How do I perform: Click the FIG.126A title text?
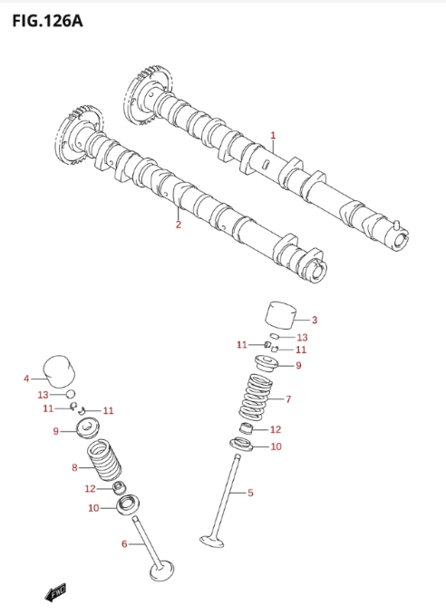click(x=47, y=21)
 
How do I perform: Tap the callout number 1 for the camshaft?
click(x=273, y=136)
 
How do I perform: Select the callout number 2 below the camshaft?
click(x=179, y=225)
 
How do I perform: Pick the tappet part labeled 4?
click(x=58, y=371)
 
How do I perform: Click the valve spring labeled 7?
click(x=256, y=397)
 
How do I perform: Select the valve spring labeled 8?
click(x=104, y=460)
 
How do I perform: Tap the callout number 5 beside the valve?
click(x=250, y=493)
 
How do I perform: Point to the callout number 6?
click(x=124, y=544)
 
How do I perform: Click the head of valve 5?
click(x=212, y=542)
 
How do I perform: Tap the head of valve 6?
click(x=162, y=571)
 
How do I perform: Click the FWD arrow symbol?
click(x=55, y=592)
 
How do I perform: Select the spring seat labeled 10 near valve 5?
click(x=241, y=445)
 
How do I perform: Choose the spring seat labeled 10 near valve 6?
click(x=129, y=505)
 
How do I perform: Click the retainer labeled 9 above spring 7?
click(x=267, y=364)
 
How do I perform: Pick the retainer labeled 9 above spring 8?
click(x=88, y=428)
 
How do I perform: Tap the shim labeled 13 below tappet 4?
click(x=71, y=394)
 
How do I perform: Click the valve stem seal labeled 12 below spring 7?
click(x=246, y=428)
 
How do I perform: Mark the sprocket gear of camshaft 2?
click(x=81, y=135)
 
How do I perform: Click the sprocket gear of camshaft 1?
click(x=147, y=95)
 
